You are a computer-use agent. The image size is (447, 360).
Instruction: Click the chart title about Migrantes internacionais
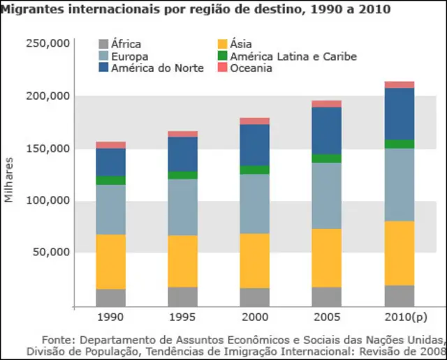pyautogui.click(x=195, y=9)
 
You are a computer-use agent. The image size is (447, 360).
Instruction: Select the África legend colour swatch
pyautogui.click(x=103, y=45)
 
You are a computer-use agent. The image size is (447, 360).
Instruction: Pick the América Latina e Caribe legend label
pyautogui.click(x=293, y=57)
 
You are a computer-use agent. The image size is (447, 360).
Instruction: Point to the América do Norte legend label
pyautogui.click(x=157, y=68)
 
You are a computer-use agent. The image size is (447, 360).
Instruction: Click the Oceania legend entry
pyautogui.click(x=251, y=68)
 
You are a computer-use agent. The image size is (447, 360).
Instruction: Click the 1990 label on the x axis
pyautogui.click(x=110, y=317)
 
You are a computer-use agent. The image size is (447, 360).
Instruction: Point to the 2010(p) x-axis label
pyautogui.click(x=400, y=317)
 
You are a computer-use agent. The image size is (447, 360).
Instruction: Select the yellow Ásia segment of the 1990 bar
pyautogui.click(x=110, y=262)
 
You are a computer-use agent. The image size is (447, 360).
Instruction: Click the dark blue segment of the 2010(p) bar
pyautogui.click(x=400, y=114)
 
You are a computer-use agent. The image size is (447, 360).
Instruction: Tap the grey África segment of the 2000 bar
pyautogui.click(x=255, y=297)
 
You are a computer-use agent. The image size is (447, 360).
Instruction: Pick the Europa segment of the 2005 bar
pyautogui.click(x=327, y=195)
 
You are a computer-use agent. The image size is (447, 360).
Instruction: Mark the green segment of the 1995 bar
pyautogui.click(x=183, y=175)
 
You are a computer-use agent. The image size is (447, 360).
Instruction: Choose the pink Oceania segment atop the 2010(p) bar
pyautogui.click(x=400, y=84)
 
